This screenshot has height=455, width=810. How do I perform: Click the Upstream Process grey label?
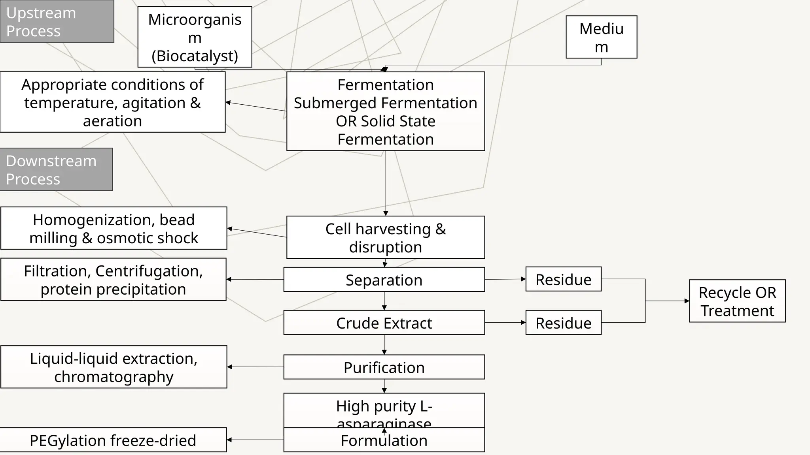coord(57,21)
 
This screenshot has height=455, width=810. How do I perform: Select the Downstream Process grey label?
coord(56,169)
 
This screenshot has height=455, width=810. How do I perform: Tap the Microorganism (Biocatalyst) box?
coord(195,37)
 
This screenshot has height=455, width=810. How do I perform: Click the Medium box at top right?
coord(601,37)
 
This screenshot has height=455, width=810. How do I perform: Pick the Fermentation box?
coord(385,111)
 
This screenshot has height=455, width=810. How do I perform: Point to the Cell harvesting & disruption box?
coord(385,237)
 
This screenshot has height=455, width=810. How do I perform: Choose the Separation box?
coord(384,280)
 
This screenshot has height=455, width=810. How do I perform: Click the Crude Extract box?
coord(384,323)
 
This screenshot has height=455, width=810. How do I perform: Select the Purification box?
coord(384,367)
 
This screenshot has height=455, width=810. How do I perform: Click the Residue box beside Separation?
coord(563,279)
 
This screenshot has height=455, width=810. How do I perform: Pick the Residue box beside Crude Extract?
coord(563,323)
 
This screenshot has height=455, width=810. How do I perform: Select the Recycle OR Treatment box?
coord(737,301)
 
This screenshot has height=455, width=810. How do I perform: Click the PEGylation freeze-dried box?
coord(113,440)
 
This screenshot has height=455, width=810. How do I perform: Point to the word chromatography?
coord(114,377)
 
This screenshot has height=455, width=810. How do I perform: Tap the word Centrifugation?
coord(149,271)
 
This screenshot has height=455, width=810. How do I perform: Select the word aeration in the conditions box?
coord(112,121)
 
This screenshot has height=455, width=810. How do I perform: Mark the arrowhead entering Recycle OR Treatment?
coord(687,301)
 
